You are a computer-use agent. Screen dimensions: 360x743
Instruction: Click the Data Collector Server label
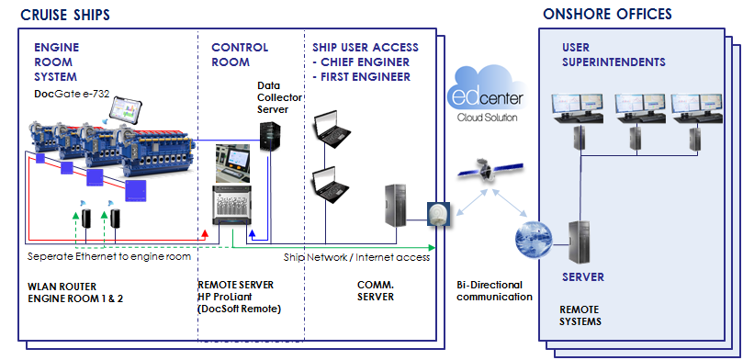click(x=273, y=96)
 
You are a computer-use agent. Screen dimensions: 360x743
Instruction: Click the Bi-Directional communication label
click(x=494, y=290)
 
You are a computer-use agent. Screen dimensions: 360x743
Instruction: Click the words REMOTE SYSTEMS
click(x=581, y=316)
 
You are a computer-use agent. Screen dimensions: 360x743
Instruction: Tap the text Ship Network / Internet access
click(x=356, y=257)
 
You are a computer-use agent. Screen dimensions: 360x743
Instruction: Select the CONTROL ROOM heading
click(x=240, y=54)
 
